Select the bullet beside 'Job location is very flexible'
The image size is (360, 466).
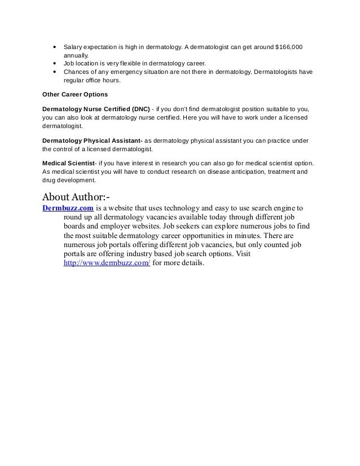(54, 64)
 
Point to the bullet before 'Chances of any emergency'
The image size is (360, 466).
(54, 72)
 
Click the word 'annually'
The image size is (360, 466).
(76, 55)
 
